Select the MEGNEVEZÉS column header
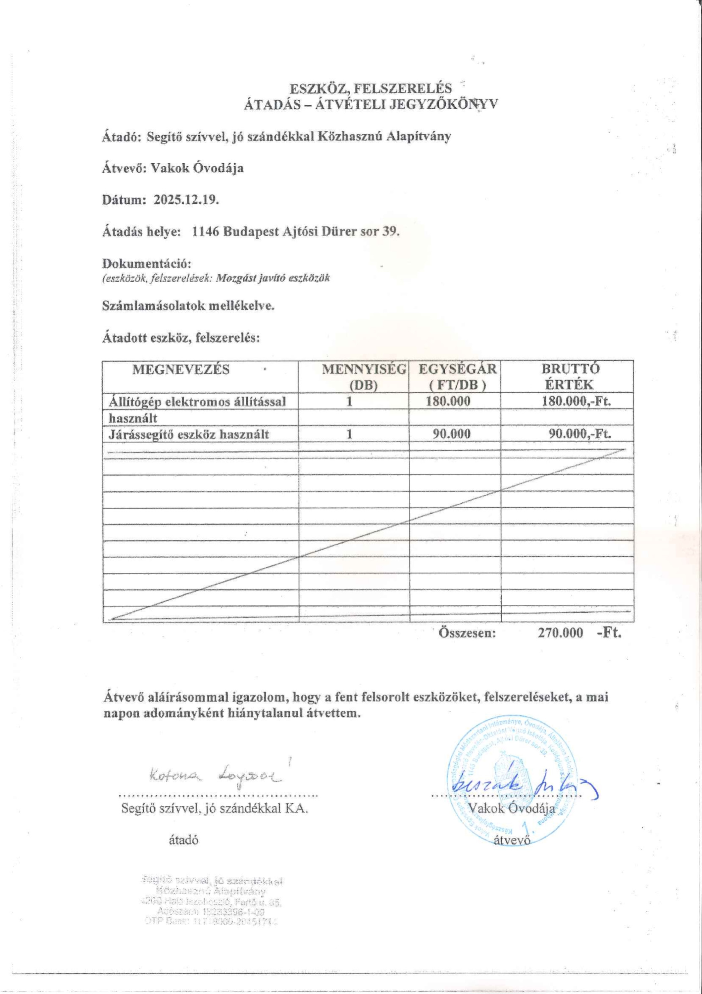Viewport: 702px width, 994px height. click(181, 370)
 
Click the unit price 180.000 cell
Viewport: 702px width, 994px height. click(448, 401)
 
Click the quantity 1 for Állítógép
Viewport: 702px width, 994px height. click(349, 401)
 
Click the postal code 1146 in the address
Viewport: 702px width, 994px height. click(205, 232)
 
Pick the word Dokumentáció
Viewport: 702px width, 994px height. click(147, 263)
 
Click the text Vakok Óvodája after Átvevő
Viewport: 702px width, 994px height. click(197, 168)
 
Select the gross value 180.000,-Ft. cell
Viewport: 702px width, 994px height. click(576, 401)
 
